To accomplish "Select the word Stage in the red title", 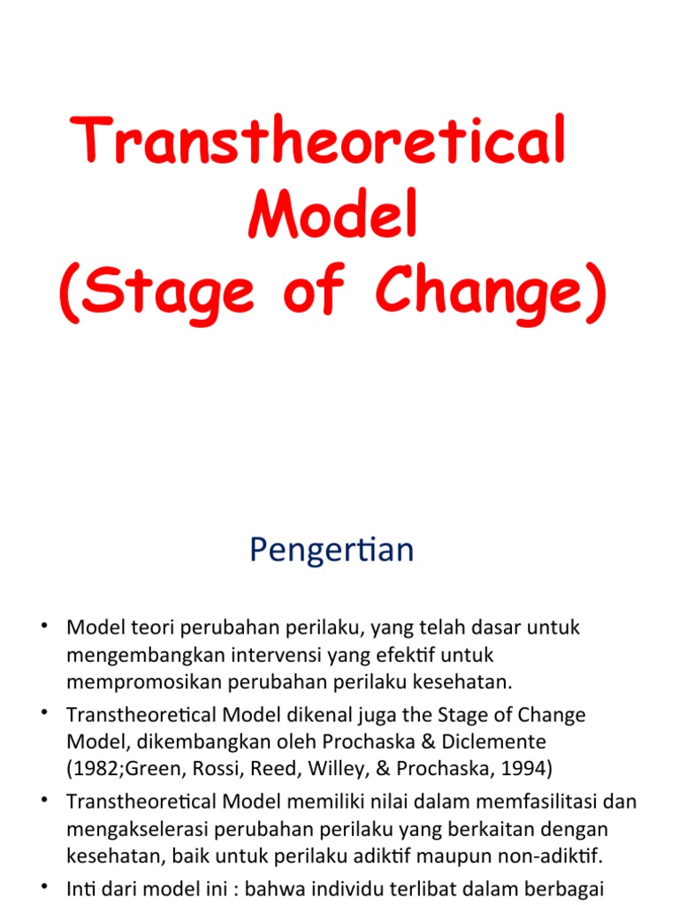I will point(170,292).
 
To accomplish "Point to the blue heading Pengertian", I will point(332,551).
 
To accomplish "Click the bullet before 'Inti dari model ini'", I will point(44,886).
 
